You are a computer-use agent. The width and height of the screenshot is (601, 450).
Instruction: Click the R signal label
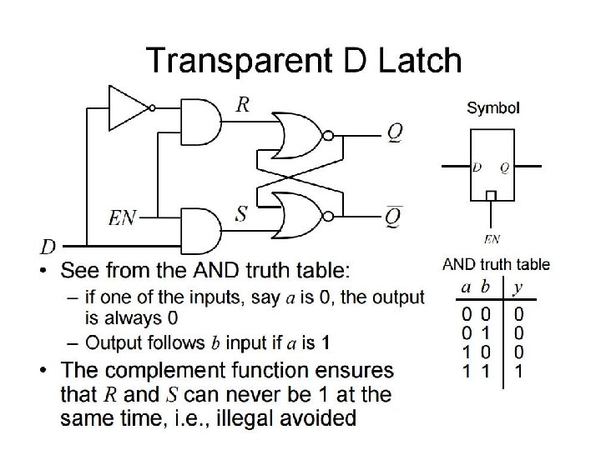pyautogui.click(x=242, y=104)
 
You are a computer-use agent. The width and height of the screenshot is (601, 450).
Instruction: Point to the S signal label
pyautogui.click(x=241, y=214)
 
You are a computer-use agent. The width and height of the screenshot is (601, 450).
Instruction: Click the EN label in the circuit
pyautogui.click(x=124, y=219)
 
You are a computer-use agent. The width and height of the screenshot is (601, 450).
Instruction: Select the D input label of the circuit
pyautogui.click(x=48, y=246)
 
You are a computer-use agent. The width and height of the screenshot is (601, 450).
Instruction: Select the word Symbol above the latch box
pyautogui.click(x=492, y=107)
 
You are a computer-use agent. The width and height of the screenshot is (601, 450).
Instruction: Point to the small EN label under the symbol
pyautogui.click(x=492, y=239)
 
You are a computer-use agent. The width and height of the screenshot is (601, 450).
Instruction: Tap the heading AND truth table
pyautogui.click(x=495, y=265)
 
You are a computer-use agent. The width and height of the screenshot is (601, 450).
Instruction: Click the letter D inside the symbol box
pyautogui.click(x=477, y=167)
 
